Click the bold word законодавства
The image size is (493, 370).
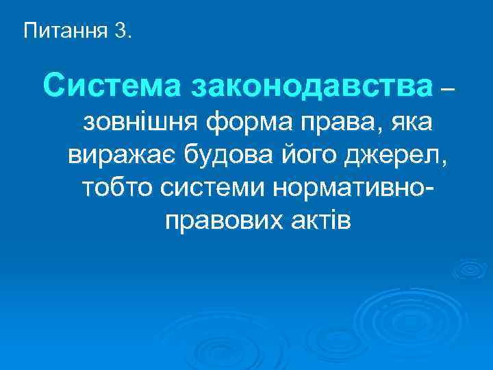pyautogui.click(x=312, y=87)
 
